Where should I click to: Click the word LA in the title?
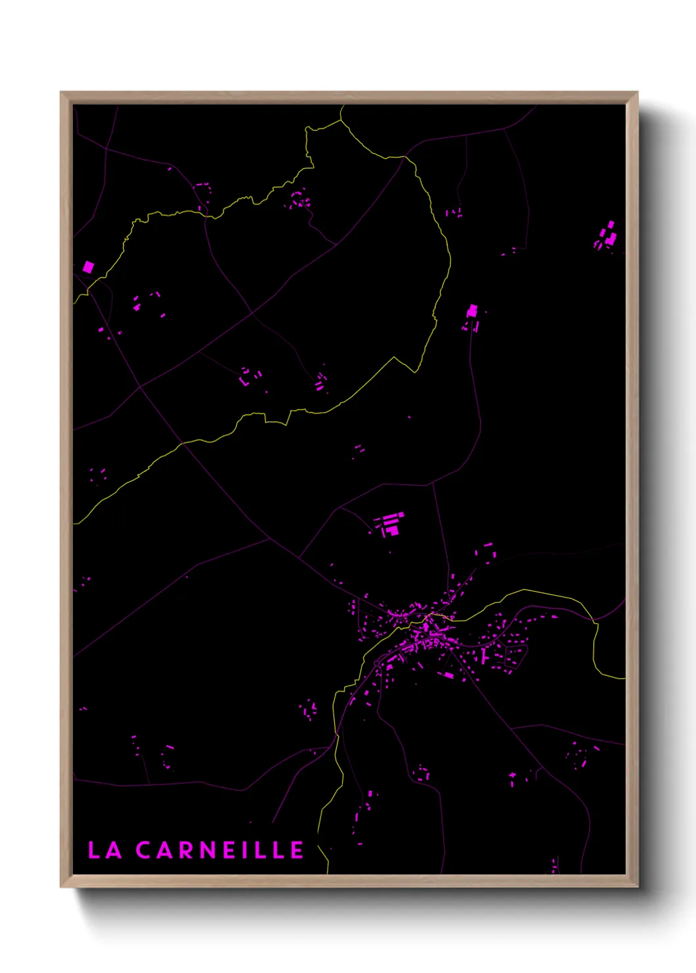(105, 850)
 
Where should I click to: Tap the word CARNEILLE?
(220, 850)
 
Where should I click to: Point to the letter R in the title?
(188, 850)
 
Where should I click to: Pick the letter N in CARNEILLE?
(211, 850)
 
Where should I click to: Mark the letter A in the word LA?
(114, 850)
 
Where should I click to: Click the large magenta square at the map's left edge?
(88, 267)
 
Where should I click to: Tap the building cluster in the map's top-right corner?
(607, 235)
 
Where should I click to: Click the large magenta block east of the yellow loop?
(472, 310)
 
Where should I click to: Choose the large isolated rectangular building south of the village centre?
(448, 675)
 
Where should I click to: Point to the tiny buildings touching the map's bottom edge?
(555, 866)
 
